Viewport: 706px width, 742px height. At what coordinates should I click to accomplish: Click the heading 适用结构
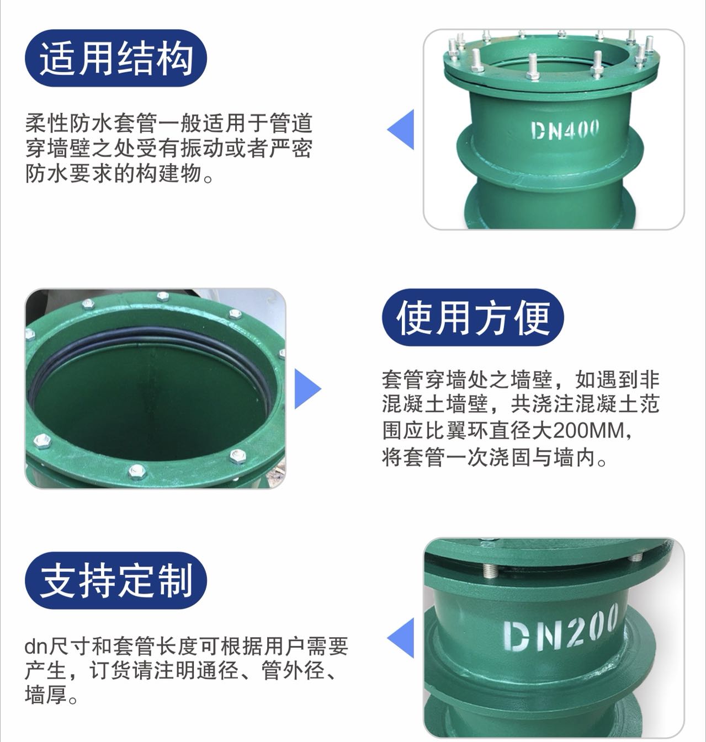(x=116, y=59)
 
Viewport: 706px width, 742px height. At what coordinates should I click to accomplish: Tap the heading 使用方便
(x=473, y=318)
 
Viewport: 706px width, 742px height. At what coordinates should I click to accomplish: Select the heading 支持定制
(x=116, y=580)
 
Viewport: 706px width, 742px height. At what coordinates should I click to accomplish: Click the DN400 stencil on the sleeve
(x=564, y=130)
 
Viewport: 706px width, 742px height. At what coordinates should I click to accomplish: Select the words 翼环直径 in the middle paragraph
(x=489, y=430)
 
